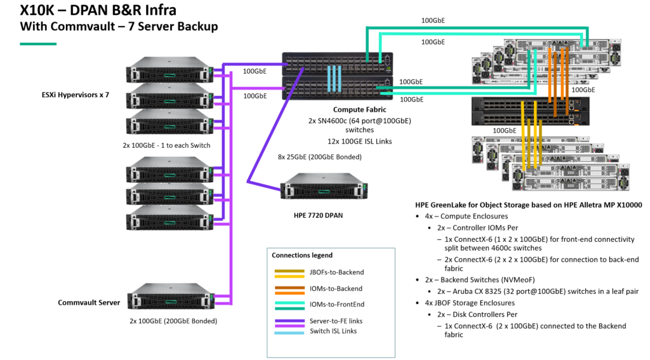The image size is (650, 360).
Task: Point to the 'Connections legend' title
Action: tap(302, 255)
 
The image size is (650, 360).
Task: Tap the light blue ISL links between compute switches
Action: tap(335, 79)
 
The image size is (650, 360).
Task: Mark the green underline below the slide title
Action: tap(38, 44)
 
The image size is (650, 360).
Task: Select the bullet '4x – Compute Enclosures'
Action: tap(462, 217)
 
